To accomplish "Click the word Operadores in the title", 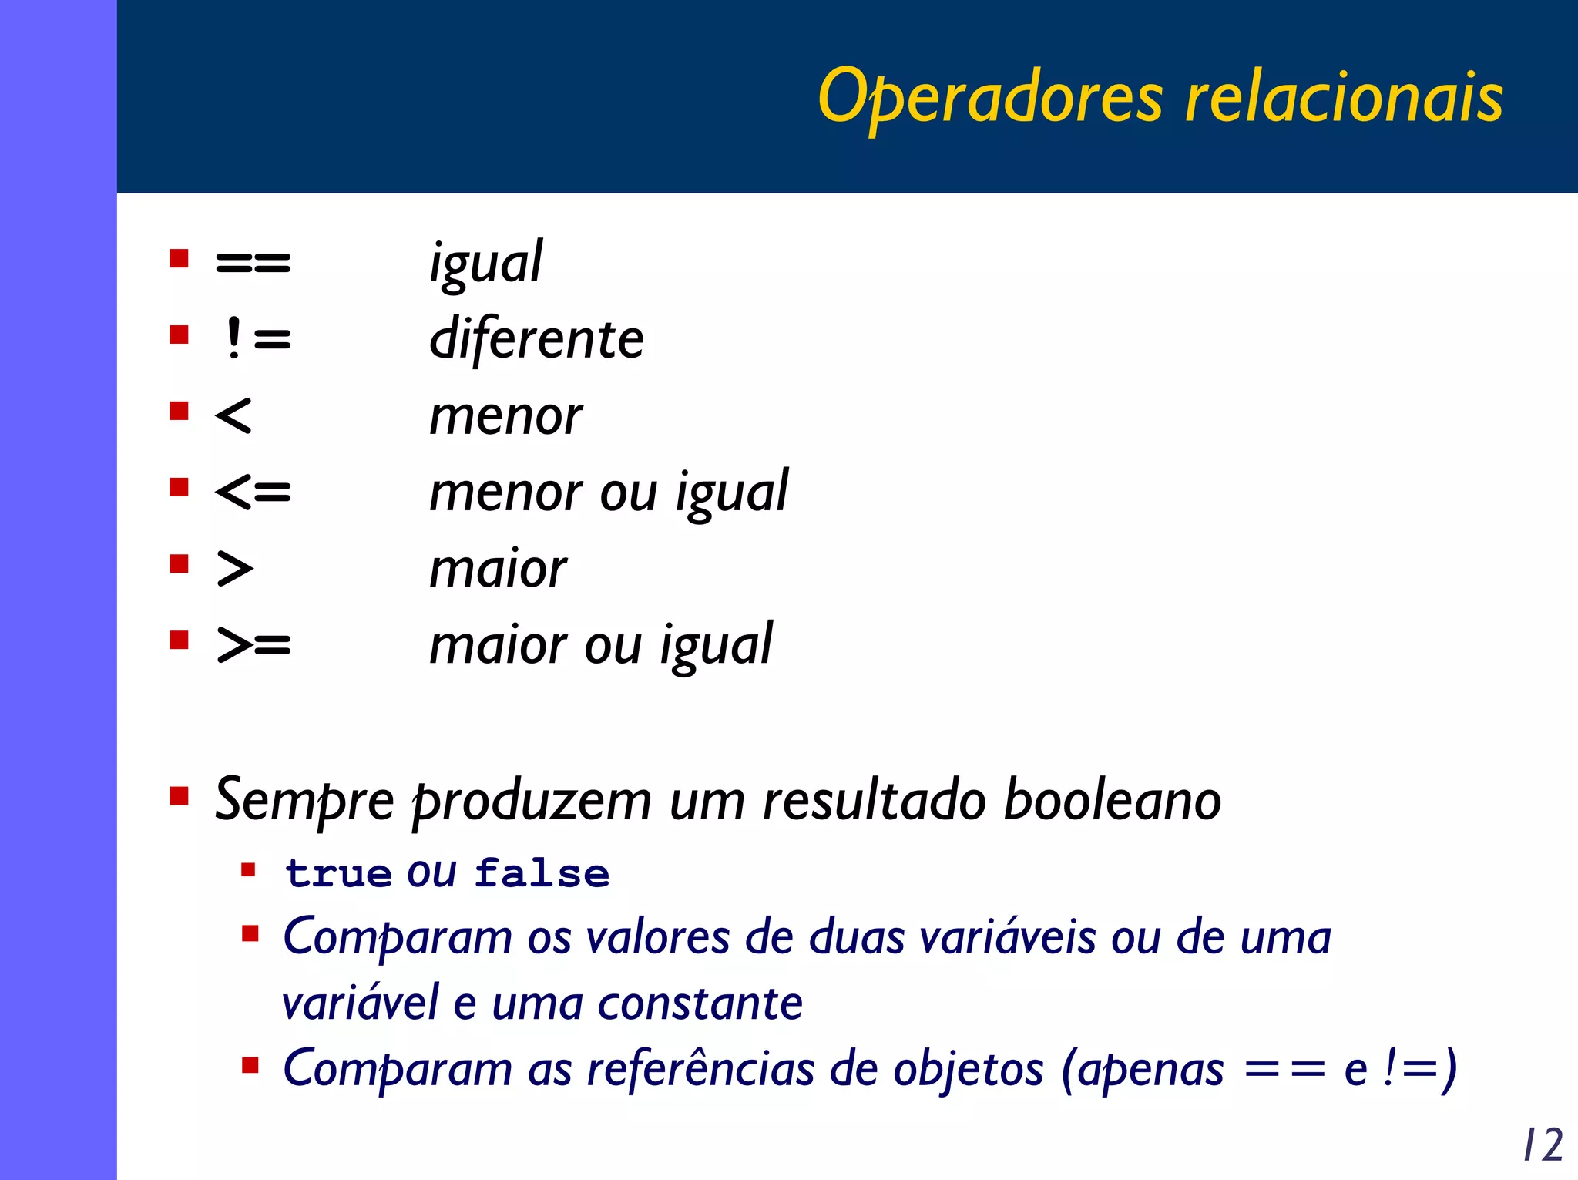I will [991, 98].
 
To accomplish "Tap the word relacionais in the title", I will [1344, 98].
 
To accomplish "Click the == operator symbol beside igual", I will [253, 263].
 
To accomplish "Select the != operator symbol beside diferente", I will [257, 338].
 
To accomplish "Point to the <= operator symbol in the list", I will [253, 491].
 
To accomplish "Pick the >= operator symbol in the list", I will [253, 644].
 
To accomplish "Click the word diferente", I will [536, 339].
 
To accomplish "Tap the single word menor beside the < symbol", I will [505, 416].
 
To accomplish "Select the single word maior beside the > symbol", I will [498, 569].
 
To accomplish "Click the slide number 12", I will [1543, 1145].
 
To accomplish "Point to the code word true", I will [338, 874].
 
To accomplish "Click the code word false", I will [542, 874].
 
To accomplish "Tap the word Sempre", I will [304, 800].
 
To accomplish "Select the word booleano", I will [1113, 800].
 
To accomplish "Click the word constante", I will [700, 1004].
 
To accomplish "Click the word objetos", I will [968, 1069].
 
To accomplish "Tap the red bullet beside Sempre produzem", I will [180, 795].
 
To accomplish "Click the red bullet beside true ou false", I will [248, 871].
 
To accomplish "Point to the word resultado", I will [874, 800].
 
